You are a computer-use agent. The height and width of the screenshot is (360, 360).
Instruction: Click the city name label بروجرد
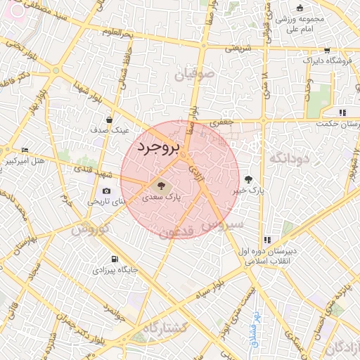tap(158, 148)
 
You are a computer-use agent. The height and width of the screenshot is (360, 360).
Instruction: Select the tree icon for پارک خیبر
tap(247, 179)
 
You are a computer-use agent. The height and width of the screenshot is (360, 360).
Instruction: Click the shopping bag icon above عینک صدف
tap(109, 120)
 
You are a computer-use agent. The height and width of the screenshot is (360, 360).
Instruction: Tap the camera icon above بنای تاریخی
tap(106, 191)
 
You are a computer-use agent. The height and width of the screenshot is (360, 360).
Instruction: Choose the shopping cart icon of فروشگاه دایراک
tap(327, 50)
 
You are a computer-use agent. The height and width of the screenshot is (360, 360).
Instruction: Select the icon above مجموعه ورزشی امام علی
tap(300, 8)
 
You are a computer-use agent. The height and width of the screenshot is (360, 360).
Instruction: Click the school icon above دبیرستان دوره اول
tap(266, 240)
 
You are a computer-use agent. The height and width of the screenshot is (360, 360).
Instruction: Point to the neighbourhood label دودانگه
tap(288, 159)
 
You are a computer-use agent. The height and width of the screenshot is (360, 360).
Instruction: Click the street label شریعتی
tap(238, 49)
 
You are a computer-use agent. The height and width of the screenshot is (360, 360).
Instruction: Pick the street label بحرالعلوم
tap(117, 32)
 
